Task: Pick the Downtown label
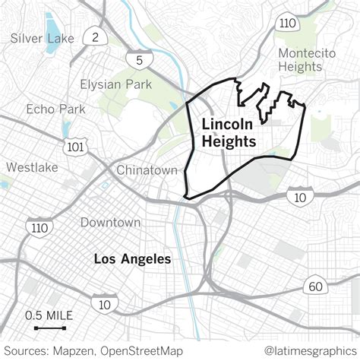111,223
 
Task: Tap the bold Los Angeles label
132,260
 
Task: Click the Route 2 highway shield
93,37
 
